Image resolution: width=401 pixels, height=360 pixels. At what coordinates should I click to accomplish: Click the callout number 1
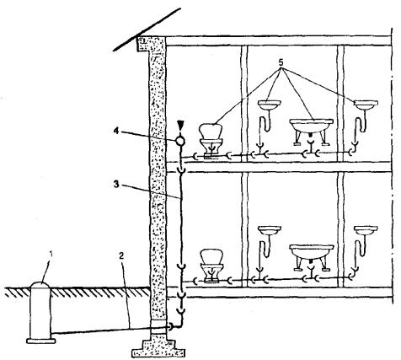51,255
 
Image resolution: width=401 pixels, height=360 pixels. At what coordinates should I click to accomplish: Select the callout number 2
121,255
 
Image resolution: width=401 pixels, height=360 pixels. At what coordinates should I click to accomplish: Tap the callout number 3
116,185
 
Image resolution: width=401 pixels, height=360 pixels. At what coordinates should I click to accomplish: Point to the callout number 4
116,131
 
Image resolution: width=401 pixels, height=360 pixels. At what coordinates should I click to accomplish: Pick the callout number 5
281,62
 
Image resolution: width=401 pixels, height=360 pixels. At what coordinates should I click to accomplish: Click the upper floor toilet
211,141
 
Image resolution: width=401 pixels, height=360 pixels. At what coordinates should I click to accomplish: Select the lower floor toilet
211,266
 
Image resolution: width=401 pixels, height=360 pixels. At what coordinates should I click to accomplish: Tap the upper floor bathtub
311,132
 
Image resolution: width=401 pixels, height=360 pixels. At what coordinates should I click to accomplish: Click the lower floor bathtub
311,257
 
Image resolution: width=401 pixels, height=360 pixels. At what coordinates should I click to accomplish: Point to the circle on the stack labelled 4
180,141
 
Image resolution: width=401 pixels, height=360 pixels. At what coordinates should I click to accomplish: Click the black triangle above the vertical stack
180,124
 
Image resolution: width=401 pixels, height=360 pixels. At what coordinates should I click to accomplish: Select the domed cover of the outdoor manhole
40,285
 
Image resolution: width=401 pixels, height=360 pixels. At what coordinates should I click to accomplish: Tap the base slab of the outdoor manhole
41,341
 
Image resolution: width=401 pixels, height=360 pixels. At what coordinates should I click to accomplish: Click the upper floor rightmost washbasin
366,105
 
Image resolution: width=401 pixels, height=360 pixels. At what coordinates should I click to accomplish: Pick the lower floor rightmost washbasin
366,230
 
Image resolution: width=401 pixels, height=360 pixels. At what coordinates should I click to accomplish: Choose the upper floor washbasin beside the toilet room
269,105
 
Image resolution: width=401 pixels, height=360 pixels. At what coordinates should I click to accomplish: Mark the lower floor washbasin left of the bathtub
269,230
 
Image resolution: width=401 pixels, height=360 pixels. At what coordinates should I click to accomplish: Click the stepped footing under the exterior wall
158,347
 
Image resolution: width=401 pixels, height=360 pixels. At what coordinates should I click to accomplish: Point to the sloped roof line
147,30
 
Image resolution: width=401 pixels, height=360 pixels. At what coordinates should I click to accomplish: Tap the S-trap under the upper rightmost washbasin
360,125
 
